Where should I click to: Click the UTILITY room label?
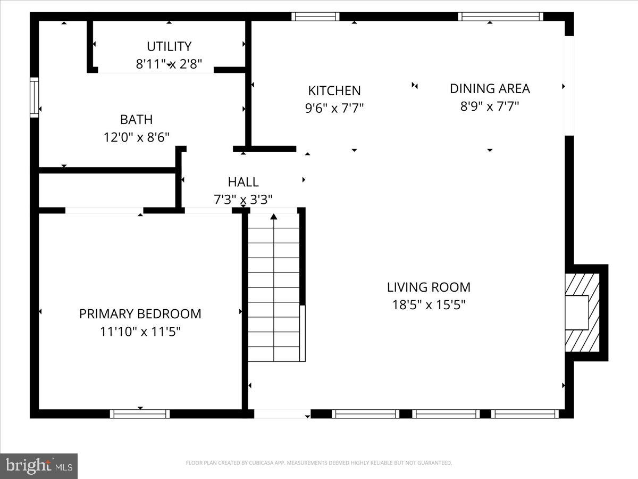[169, 46]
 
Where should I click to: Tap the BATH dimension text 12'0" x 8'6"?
[137, 137]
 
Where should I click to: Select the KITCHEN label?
[334, 90]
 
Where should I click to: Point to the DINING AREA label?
[490, 88]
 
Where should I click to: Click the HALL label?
[243, 182]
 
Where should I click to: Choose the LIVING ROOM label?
[429, 287]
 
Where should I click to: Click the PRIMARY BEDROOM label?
[140, 314]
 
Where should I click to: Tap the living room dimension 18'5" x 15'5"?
[429, 305]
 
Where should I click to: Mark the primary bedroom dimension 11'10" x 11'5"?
[140, 332]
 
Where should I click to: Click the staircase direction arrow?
[274, 217]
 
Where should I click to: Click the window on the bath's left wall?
[35, 97]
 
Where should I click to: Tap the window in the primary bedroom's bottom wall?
[140, 414]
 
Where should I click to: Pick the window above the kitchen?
[315, 16]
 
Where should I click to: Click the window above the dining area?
[500, 16]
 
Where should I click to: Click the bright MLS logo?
[39, 466]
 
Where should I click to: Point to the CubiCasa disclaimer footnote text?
[319, 463]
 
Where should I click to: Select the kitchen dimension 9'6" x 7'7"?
[334, 108]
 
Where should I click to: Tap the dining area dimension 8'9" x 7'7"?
[490, 106]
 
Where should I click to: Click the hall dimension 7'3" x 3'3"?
[243, 200]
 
